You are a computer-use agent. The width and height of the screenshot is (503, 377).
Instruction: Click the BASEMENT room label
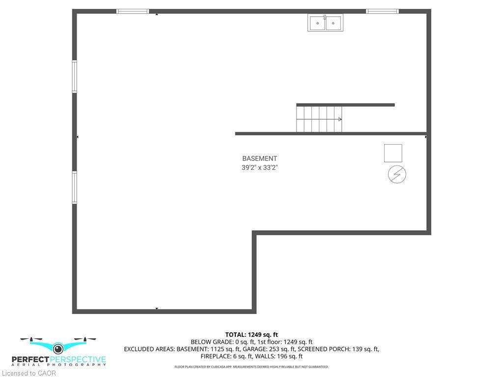pyautogui.click(x=259, y=159)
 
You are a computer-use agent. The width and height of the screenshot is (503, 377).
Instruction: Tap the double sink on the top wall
pyautogui.click(x=325, y=23)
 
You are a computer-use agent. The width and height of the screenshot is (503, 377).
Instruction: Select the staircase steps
pyautogui.click(x=319, y=119)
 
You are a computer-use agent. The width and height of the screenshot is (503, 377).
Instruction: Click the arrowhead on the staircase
pyautogui.click(x=340, y=119)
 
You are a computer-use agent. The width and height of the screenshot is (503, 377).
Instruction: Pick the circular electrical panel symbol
pyautogui.click(x=397, y=174)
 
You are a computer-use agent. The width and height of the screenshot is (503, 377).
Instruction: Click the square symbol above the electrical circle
pyautogui.click(x=393, y=153)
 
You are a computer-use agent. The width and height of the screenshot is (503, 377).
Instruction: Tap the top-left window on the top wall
pyautogui.click(x=133, y=11)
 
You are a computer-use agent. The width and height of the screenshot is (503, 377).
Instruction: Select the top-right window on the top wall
pyautogui.click(x=382, y=11)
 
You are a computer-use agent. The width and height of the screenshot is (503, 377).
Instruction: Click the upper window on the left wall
pyautogui.click(x=75, y=76)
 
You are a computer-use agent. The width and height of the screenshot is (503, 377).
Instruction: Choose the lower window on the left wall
pyautogui.click(x=75, y=187)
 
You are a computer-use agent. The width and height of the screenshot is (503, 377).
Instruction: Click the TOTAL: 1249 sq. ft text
pyautogui.click(x=251, y=335)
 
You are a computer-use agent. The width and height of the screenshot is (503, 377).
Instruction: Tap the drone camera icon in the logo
pyautogui.click(x=58, y=348)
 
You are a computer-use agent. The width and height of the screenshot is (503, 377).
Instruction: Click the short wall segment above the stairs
pyautogui.click(x=345, y=105)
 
